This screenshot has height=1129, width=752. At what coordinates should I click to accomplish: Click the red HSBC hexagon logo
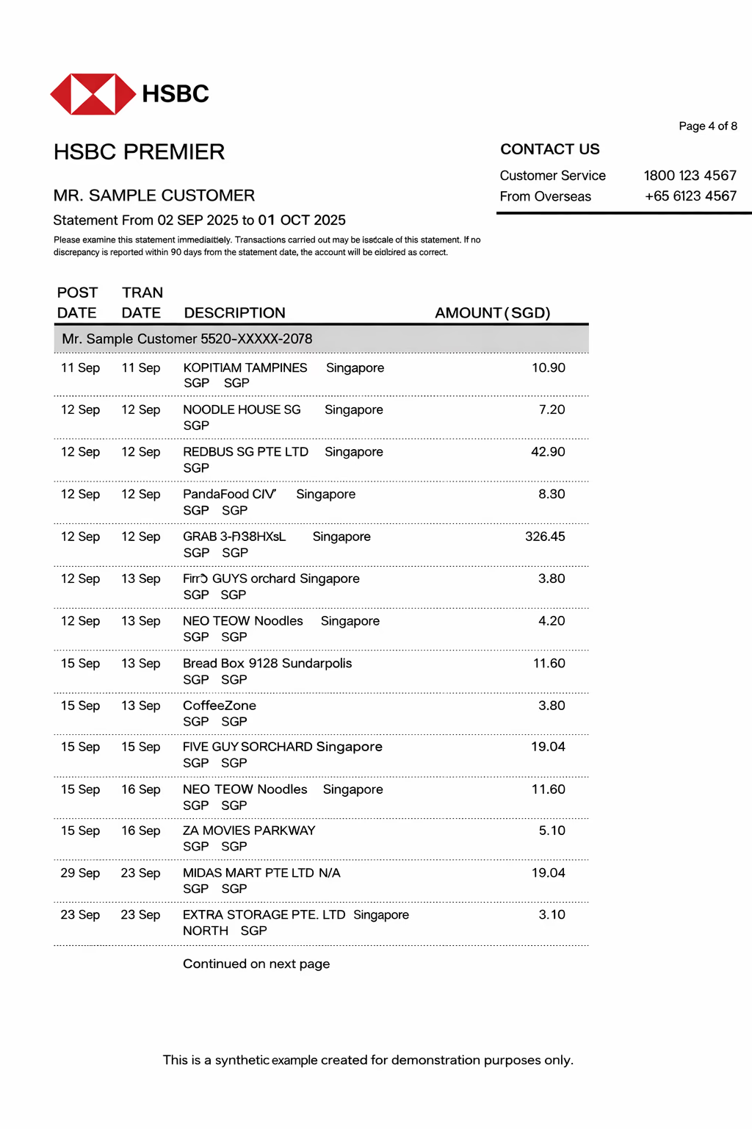(x=93, y=94)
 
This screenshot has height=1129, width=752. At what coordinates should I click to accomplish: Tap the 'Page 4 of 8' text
(x=707, y=126)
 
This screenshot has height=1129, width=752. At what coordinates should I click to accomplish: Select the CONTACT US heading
(x=549, y=149)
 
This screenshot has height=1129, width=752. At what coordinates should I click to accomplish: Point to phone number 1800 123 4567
(x=690, y=176)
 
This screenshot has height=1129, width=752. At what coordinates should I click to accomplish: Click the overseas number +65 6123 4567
(x=690, y=196)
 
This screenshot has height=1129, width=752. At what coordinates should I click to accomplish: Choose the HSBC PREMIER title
(x=139, y=152)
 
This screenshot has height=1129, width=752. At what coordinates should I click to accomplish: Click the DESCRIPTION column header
(x=234, y=313)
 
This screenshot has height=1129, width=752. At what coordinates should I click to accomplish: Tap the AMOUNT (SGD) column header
(x=492, y=313)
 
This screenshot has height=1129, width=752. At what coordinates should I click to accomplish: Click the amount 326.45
(x=545, y=537)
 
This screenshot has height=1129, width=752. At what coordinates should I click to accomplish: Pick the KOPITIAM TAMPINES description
(x=245, y=368)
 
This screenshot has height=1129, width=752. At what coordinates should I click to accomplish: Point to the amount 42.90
(x=548, y=452)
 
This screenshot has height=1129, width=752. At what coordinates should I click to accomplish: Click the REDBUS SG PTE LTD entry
(x=245, y=452)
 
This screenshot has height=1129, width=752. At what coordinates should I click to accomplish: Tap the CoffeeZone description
(x=220, y=706)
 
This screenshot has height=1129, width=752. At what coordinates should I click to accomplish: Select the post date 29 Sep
(x=80, y=873)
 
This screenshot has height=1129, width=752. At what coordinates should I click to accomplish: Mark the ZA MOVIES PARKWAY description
(x=249, y=831)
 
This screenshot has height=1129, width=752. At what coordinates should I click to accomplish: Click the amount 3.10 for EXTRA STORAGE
(x=552, y=915)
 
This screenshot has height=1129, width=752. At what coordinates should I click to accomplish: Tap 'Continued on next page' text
(x=256, y=964)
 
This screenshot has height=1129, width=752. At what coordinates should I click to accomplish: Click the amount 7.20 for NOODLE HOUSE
(x=552, y=409)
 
